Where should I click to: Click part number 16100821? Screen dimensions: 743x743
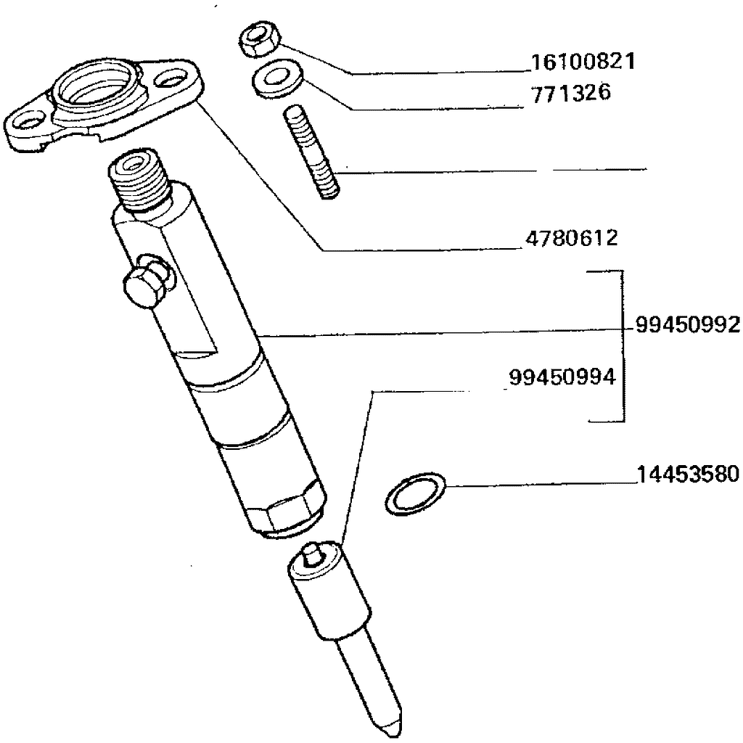[583, 62]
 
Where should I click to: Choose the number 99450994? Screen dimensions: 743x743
[562, 377]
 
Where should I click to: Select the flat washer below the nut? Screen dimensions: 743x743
[273, 79]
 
